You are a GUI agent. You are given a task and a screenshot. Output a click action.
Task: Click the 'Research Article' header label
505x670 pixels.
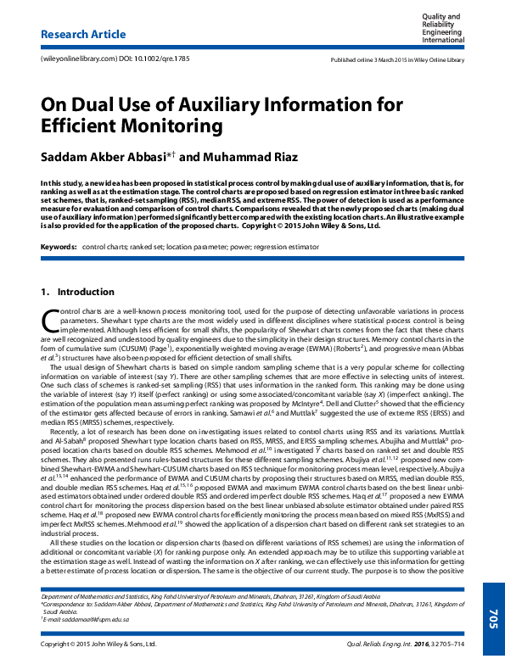(x=77, y=35)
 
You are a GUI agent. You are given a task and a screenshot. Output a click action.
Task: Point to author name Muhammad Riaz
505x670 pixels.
(x=250, y=158)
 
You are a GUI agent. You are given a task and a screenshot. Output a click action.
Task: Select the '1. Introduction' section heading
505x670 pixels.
(x=77, y=293)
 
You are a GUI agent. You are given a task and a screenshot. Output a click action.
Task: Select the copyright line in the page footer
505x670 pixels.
(x=99, y=645)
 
